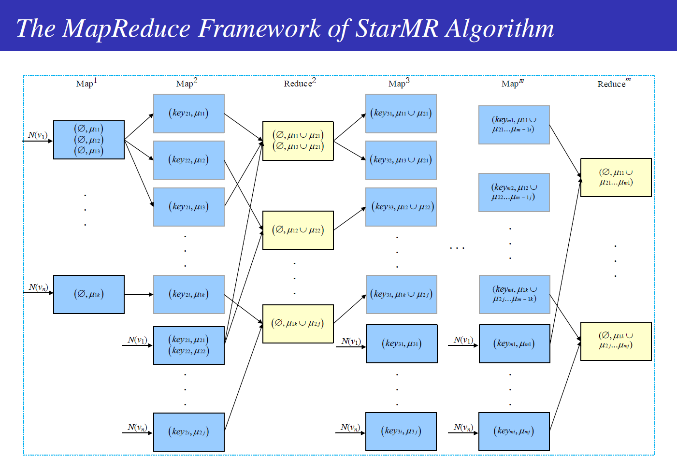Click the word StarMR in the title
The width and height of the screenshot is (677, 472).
click(x=397, y=28)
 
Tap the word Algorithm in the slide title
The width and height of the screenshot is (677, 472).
click(x=499, y=29)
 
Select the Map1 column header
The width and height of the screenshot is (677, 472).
click(x=86, y=83)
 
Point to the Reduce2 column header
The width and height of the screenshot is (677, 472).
click(x=300, y=83)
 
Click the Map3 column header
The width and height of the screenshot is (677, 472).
click(x=399, y=83)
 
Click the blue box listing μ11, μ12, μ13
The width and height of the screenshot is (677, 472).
click(x=89, y=140)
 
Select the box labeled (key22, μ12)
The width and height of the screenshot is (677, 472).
click(x=189, y=160)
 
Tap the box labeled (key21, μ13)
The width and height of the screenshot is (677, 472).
click(x=189, y=207)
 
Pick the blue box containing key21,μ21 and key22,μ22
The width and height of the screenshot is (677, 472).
click(x=189, y=345)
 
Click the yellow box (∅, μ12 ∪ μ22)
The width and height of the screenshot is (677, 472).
click(x=298, y=230)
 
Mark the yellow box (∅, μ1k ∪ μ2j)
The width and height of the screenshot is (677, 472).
click(x=298, y=324)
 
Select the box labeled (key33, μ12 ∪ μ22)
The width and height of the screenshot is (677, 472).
click(x=401, y=207)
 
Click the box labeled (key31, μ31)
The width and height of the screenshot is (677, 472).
click(x=402, y=343)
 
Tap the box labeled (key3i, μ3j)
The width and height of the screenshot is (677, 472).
click(x=401, y=431)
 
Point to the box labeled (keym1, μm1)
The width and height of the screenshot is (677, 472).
click(x=515, y=343)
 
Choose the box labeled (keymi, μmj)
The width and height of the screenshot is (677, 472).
click(x=514, y=431)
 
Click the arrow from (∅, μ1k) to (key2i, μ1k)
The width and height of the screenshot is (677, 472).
click(x=139, y=294)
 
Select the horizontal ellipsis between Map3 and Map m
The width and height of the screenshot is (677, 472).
click(x=457, y=248)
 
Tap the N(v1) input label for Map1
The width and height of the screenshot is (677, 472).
click(x=38, y=135)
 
